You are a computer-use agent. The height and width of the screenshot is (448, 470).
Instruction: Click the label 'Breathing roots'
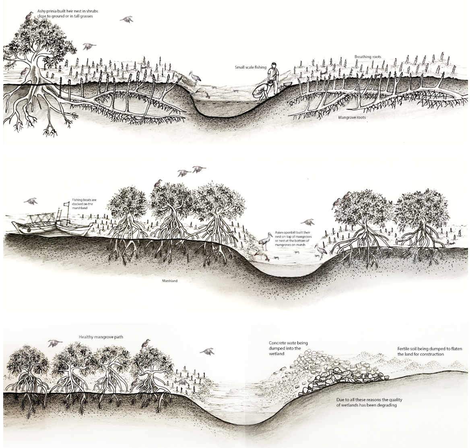pyautogui.click(x=368, y=57)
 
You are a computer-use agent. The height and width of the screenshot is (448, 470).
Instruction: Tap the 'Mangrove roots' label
pyautogui.click(x=352, y=117)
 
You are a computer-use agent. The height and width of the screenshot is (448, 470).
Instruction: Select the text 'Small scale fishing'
pyautogui.click(x=251, y=68)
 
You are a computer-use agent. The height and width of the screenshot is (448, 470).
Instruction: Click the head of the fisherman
pyautogui.click(x=273, y=65)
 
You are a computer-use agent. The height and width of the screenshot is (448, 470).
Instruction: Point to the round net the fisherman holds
pyautogui.click(x=260, y=92)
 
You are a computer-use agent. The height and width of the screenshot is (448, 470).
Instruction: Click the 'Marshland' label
pyautogui.click(x=167, y=281)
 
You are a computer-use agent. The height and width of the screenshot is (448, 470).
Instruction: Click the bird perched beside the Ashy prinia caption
pyautogui.click(x=28, y=16)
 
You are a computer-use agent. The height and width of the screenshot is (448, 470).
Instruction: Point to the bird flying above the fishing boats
pyautogui.click(x=31, y=201)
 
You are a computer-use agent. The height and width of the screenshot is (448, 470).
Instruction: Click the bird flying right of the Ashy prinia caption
pyautogui.click(x=127, y=19)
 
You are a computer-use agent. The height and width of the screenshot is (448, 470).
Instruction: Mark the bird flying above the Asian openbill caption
pyautogui.click(x=308, y=222)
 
